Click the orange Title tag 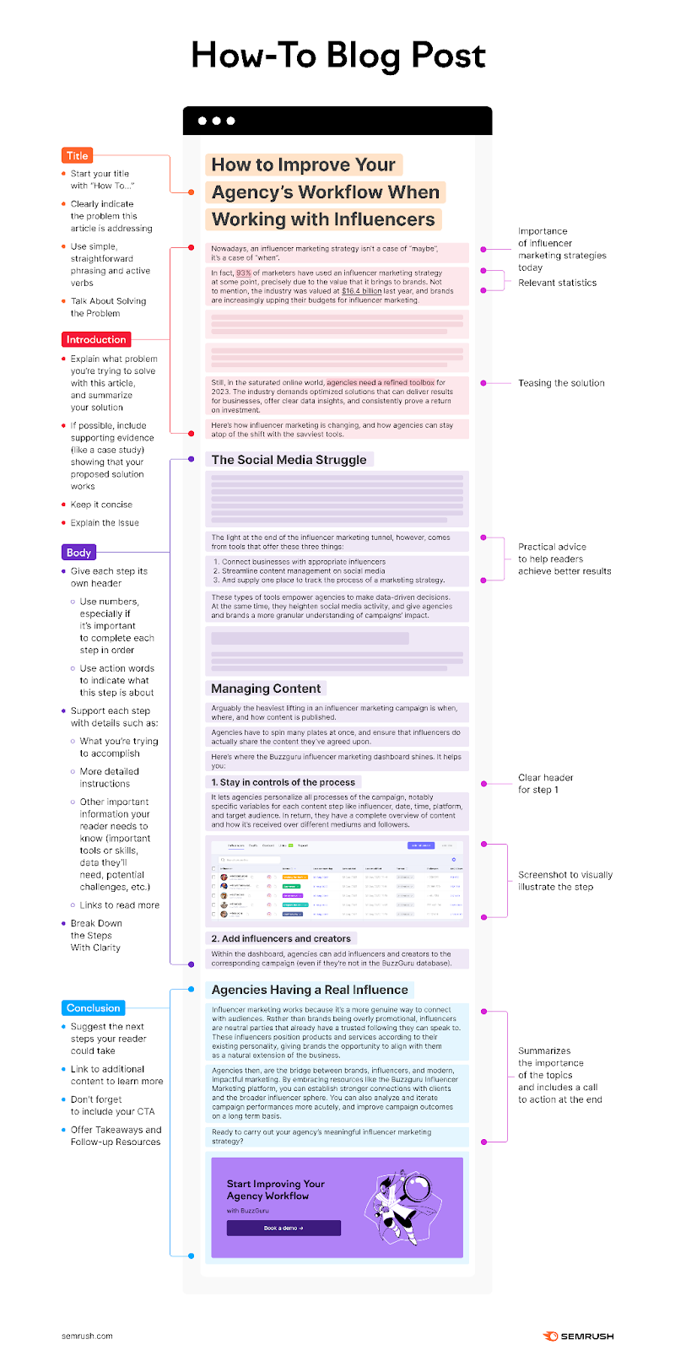coord(78,155)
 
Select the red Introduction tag coord(95,339)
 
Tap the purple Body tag coord(78,553)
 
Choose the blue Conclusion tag coord(94,1007)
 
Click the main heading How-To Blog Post coord(337,56)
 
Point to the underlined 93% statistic coord(243,273)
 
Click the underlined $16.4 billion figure coord(361,291)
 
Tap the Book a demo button coord(283,1228)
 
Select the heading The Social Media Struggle coord(289,460)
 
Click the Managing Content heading coord(266,688)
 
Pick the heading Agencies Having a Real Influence coord(310,990)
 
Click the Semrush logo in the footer coord(579,1336)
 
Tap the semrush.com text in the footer coord(87,1336)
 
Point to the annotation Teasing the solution coord(561,383)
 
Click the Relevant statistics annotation coord(557,283)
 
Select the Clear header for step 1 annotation coord(546,784)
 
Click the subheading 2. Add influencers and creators coord(281,938)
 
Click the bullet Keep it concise coord(101,505)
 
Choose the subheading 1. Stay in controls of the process coord(283,782)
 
